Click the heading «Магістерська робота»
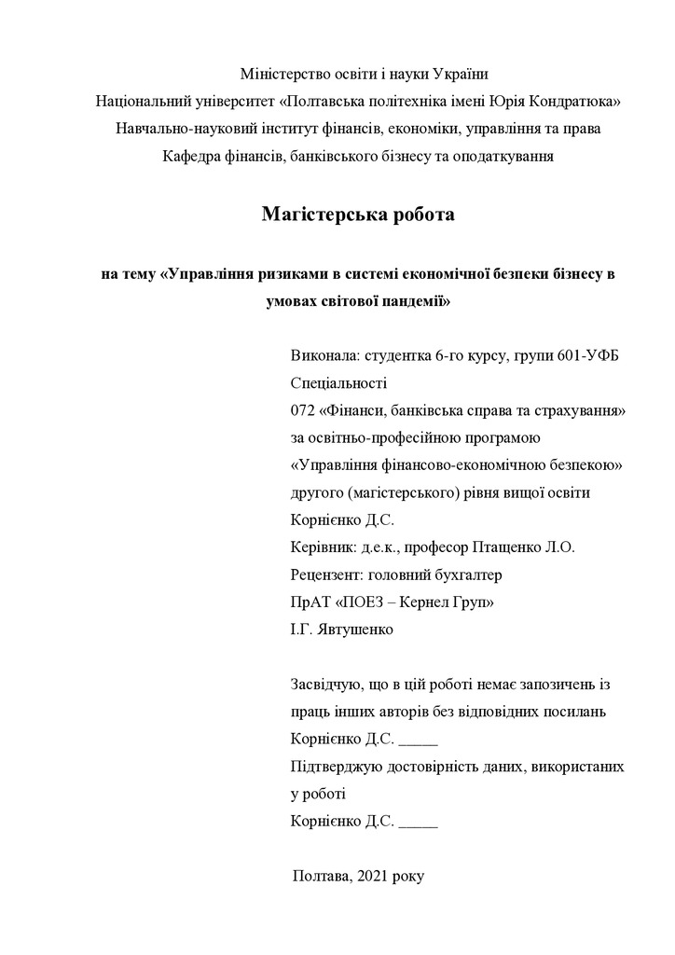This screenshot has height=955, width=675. (x=358, y=215)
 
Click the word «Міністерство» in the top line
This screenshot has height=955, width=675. (x=282, y=74)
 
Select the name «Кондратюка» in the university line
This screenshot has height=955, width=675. (x=575, y=101)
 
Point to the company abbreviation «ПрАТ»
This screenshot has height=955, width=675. (x=311, y=602)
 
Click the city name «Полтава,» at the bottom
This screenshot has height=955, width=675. (x=322, y=877)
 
